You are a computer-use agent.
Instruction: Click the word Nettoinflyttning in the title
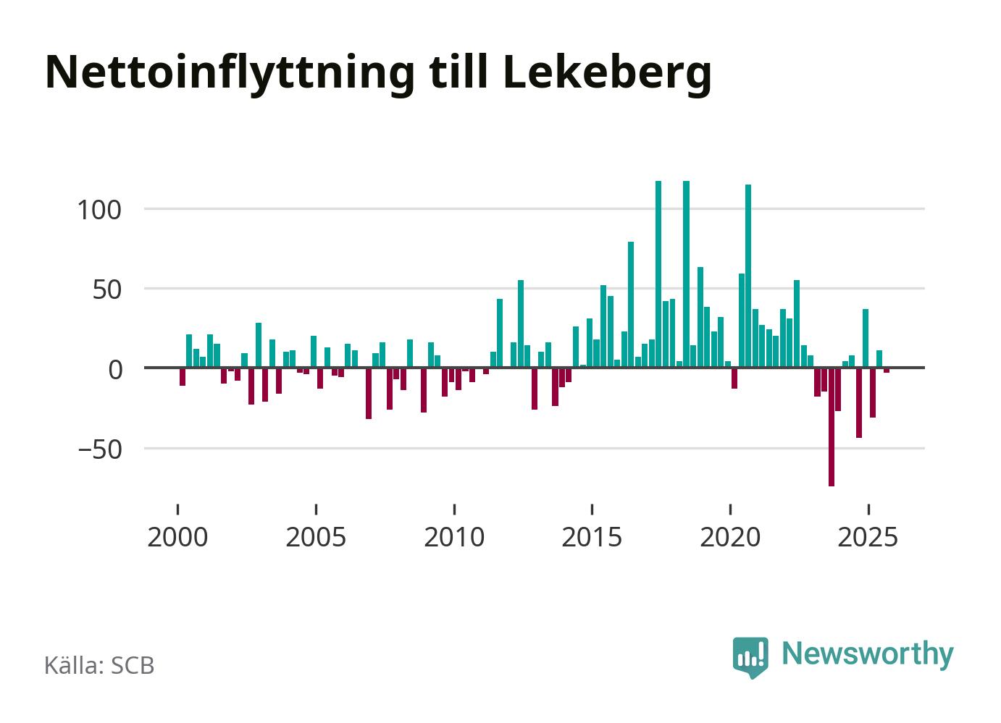tap(230, 72)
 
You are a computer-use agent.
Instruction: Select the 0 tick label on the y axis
tap(116, 369)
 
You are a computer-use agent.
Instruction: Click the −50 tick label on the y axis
tap(100, 449)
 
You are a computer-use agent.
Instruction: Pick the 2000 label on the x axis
tap(177, 538)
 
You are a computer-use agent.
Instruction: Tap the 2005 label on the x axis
tap(316, 538)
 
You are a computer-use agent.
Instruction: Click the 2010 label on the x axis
tap(454, 538)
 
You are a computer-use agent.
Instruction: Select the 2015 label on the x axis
tap(592, 538)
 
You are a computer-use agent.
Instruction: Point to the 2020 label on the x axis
tap(730, 538)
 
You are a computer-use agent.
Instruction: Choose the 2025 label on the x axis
tap(868, 538)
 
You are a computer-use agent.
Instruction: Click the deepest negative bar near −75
tap(832, 427)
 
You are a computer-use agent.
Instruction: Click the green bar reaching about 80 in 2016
tap(631, 305)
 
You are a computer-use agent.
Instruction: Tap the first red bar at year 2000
tap(183, 376)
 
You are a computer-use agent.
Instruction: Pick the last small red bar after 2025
tap(887, 371)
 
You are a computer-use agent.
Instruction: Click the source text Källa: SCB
tap(100, 665)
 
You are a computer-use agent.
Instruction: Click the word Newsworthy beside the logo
tap(868, 654)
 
